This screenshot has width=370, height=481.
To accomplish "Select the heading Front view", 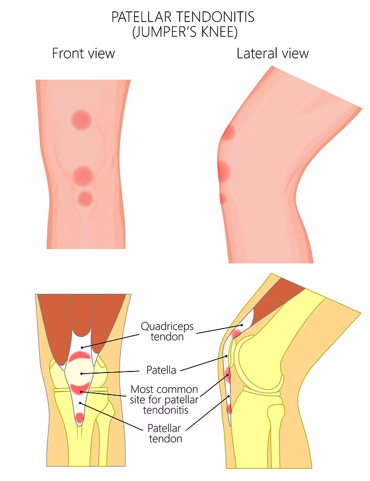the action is (83, 53).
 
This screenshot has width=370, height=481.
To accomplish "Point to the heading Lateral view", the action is (272, 53).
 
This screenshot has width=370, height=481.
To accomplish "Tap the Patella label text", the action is (161, 370).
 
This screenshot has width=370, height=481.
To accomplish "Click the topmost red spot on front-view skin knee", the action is (82, 119).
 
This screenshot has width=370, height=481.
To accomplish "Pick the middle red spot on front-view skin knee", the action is (83, 176).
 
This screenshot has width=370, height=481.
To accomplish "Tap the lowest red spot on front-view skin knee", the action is (85, 199).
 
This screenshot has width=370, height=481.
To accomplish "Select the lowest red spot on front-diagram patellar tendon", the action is (80, 417).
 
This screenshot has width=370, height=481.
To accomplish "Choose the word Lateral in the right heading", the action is (254, 53).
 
